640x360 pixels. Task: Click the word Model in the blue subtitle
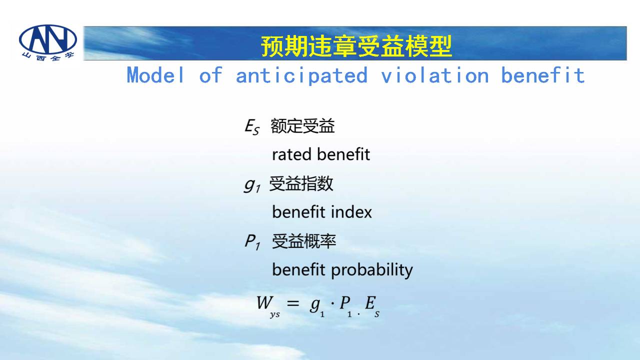click(155, 75)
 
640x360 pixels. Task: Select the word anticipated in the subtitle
click(301, 75)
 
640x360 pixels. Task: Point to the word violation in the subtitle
click(435, 75)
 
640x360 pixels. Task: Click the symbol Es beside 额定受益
click(252, 127)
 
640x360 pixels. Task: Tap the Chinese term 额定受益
click(302, 126)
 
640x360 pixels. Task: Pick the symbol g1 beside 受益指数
click(251, 185)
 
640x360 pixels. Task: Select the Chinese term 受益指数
click(301, 183)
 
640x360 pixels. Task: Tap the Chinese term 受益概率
click(303, 241)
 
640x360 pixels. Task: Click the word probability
click(371, 270)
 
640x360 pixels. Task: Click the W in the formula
click(264, 302)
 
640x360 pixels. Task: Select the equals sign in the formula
click(293, 303)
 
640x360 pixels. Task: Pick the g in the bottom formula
click(315, 304)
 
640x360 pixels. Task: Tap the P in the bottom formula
click(345, 302)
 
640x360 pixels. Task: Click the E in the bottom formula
click(370, 302)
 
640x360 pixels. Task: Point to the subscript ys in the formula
click(275, 315)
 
